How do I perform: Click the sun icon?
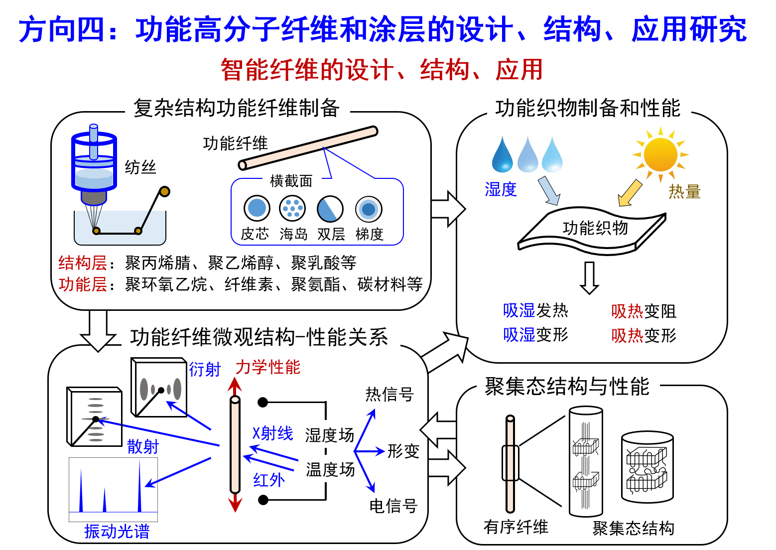(661, 154)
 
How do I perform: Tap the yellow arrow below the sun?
(630, 193)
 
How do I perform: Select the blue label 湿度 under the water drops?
(501, 189)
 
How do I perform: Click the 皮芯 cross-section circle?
(257, 208)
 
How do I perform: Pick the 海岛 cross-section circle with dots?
(292, 208)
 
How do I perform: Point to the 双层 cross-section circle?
(330, 208)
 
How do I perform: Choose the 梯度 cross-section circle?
(369, 209)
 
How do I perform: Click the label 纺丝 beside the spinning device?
(140, 167)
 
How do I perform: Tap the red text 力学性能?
(268, 367)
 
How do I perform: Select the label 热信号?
(389, 394)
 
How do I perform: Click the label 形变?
(403, 451)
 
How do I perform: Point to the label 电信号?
(393, 506)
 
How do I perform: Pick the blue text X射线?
(272, 433)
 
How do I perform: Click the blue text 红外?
(269, 480)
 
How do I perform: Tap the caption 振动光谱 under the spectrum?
(117, 532)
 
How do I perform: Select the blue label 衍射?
(205, 370)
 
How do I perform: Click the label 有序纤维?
(516, 527)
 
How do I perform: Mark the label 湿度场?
(330, 435)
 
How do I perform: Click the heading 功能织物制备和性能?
(588, 108)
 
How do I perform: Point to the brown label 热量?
(684, 192)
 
